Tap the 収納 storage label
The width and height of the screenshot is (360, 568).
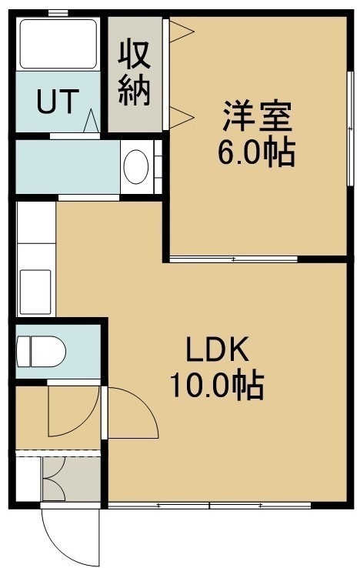click(x=134, y=74)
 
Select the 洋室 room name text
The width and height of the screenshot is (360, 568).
click(x=257, y=115)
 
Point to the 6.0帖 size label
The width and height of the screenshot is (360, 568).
click(x=256, y=152)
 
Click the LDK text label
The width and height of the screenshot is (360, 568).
click(x=217, y=349)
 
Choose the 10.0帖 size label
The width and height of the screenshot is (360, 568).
click(x=217, y=386)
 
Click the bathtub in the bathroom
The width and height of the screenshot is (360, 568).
click(x=58, y=43)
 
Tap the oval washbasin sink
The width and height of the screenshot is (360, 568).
click(x=136, y=167)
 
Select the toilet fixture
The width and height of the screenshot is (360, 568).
click(x=42, y=352)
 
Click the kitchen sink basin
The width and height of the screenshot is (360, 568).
click(x=35, y=292)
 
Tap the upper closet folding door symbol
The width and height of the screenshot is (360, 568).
click(x=182, y=32)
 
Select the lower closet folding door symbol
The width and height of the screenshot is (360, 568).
click(x=182, y=117)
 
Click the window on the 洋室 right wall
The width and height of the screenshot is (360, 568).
click(x=349, y=129)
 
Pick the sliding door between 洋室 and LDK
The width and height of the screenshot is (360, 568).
click(x=234, y=259)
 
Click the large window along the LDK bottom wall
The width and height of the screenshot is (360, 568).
click(x=209, y=506)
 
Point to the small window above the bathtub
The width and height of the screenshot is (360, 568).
click(x=58, y=13)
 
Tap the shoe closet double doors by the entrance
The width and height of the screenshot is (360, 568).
click(x=55, y=479)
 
